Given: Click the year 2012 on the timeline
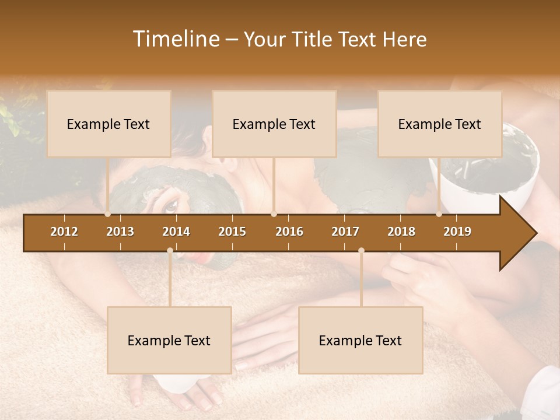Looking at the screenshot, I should tap(64, 232).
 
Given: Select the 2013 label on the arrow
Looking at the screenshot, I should tap(120, 232).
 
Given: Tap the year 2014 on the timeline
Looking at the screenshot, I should tap(176, 232).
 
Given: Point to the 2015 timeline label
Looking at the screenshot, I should tap(232, 232).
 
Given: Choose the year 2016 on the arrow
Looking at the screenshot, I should tap(289, 232).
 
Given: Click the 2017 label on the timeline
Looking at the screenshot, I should tap(345, 232).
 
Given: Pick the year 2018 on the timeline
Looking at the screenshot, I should tap(401, 232).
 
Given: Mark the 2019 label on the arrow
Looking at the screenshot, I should tap(457, 232).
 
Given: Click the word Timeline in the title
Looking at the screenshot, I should tap(175, 39).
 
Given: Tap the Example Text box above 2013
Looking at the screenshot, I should tap(108, 124).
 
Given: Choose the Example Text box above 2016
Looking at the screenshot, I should tap(274, 124).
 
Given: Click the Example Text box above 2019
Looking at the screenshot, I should tap(440, 124).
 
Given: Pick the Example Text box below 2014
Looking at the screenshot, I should tap(169, 340).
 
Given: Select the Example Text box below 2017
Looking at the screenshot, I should tap(360, 340).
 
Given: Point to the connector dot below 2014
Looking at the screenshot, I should tap(170, 251).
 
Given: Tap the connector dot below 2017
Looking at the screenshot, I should tap(361, 251).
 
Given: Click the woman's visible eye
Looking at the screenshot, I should tap(170, 205).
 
